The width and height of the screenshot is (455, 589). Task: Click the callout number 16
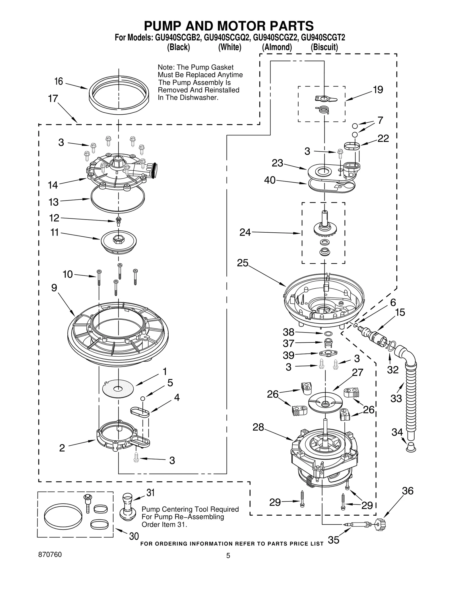click(59, 82)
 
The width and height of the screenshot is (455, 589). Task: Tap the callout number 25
click(243, 263)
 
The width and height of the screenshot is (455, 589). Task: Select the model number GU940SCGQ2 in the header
click(226, 38)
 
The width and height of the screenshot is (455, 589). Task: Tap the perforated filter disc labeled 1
click(118, 388)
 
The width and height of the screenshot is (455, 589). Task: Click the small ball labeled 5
click(143, 398)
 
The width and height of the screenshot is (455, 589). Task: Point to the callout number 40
click(270, 180)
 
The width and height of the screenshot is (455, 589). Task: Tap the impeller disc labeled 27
click(325, 402)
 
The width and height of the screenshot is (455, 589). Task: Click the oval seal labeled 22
click(352, 146)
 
